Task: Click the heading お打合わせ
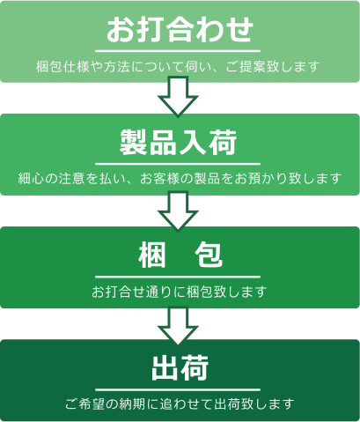pyautogui.click(x=180, y=29)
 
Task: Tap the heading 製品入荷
pyautogui.click(x=178, y=143)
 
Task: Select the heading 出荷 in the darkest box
pyautogui.click(x=180, y=367)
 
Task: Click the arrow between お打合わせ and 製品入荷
pyautogui.click(x=178, y=97)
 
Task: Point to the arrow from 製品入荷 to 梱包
pyautogui.click(x=178, y=211)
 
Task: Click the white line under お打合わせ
pyautogui.click(x=178, y=51)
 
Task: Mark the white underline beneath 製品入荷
pyautogui.click(x=178, y=164)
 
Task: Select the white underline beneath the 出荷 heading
pyautogui.click(x=178, y=389)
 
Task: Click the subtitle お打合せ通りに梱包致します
pyautogui.click(x=179, y=292)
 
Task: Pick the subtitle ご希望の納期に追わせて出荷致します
pyautogui.click(x=180, y=404)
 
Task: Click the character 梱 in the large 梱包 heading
pyautogui.click(x=151, y=255)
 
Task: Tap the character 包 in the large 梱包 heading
pyautogui.click(x=209, y=255)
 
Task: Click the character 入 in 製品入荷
pyautogui.click(x=193, y=143)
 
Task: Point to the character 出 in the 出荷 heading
pyautogui.click(x=165, y=367)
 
